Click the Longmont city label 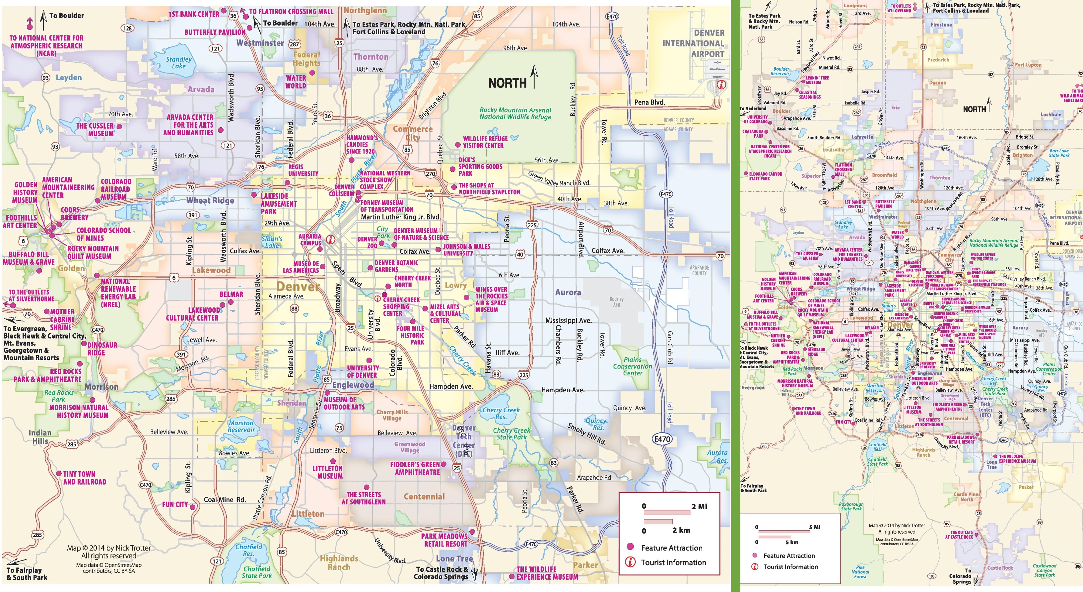(x=855, y=5)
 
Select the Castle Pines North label (x=967, y=497)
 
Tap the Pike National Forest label (x=860, y=572)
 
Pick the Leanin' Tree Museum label (x=817, y=80)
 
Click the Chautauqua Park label (x=753, y=133)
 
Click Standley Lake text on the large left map (x=179, y=63)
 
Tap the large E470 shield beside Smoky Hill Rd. (x=662, y=439)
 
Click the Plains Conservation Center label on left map (x=632, y=366)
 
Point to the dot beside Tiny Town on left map (x=59, y=473)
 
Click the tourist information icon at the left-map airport (x=720, y=85)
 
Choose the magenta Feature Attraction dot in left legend (x=630, y=547)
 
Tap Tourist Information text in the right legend (x=790, y=567)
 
